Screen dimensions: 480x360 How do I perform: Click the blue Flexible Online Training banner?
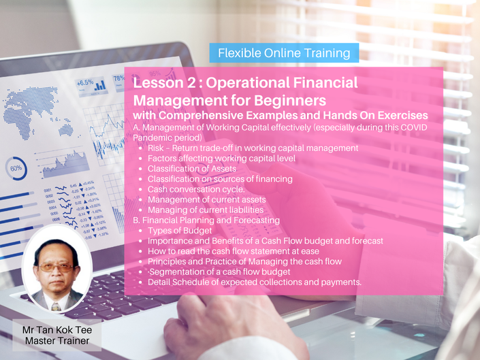(284, 53)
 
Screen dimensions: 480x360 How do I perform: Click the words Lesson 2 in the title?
(164, 83)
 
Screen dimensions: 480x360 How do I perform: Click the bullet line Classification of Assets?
(192, 169)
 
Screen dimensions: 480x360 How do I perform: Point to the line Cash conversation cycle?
(196, 189)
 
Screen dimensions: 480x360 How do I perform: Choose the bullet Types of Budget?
(180, 231)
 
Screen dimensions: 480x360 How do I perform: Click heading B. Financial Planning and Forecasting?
(206, 220)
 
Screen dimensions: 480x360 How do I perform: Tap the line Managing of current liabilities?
(206, 210)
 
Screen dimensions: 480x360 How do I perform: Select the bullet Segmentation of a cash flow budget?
(219, 272)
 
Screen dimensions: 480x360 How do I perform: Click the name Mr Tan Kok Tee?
(57, 330)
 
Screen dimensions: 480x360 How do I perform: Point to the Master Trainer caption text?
(57, 340)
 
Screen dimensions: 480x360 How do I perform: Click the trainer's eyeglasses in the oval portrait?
(57, 268)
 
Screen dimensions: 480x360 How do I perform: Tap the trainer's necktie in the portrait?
(55, 307)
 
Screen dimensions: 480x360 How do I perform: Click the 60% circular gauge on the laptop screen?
(16, 168)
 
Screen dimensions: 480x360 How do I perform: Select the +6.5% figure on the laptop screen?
(85, 82)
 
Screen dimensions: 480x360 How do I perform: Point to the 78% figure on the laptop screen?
(119, 78)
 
